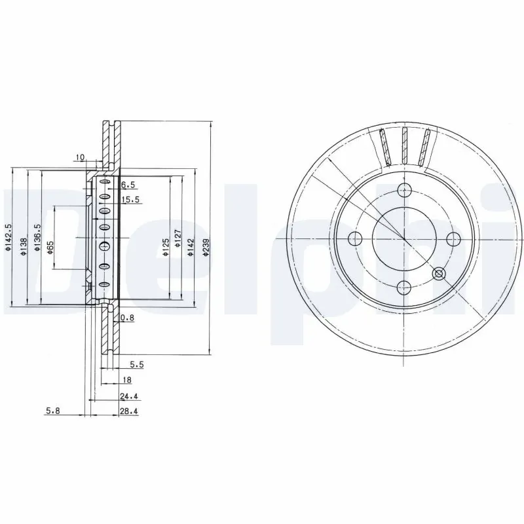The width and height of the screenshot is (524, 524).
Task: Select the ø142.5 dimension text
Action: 7,237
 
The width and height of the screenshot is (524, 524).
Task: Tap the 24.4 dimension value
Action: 128,396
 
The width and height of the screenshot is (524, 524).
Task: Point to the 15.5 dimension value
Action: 130,200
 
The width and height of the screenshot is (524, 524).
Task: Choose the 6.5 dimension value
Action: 128,185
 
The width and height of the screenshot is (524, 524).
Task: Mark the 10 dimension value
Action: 80,157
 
